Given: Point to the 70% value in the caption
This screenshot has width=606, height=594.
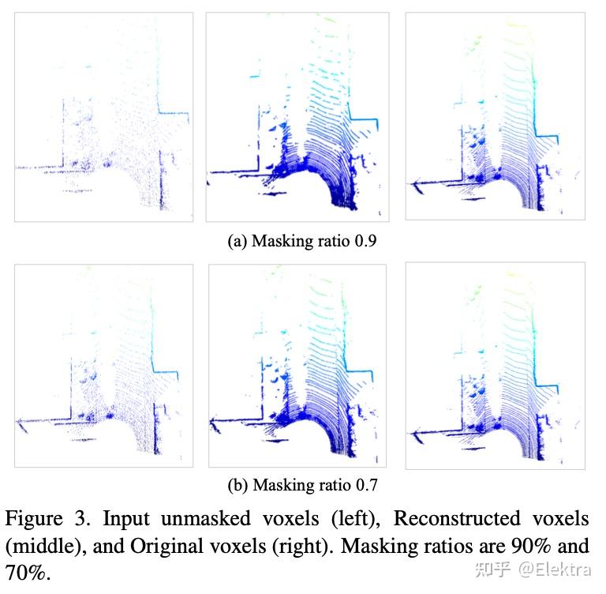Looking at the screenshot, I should (27, 572).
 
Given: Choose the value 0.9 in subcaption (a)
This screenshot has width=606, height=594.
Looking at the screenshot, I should (365, 242).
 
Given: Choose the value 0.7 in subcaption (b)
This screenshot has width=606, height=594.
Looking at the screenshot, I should (365, 484).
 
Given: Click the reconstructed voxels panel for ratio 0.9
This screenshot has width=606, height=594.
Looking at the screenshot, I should (296, 117).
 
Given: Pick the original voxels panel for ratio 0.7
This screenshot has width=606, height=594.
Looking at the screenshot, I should (494, 365).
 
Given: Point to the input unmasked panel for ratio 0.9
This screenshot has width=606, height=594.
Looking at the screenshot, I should (103, 117).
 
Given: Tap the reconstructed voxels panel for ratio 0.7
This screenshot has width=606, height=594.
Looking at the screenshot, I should (297, 365).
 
